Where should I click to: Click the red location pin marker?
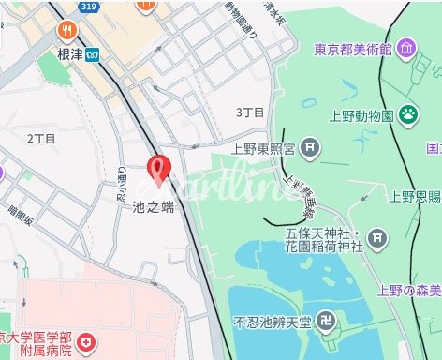pyautogui.click(x=159, y=170)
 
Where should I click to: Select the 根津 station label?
pyautogui.click(x=70, y=54)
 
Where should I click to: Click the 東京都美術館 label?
pyautogui.click(x=351, y=50)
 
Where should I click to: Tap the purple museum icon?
pyautogui.click(x=405, y=48)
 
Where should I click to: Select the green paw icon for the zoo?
pyautogui.click(x=409, y=114)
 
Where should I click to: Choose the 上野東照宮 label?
pyautogui.click(x=268, y=147)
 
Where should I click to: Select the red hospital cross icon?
pyautogui.click(x=87, y=344)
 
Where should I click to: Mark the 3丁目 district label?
pyautogui.click(x=251, y=112)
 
